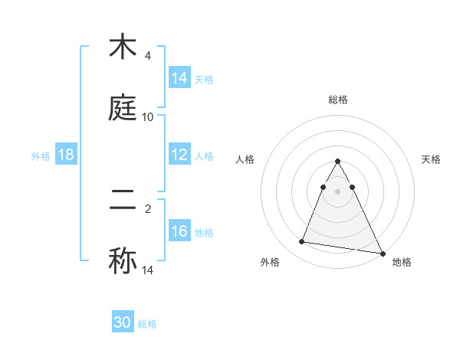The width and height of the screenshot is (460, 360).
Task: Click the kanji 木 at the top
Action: tap(123, 47)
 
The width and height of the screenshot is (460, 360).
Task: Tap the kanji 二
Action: tap(123, 201)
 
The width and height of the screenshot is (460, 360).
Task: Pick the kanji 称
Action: tap(123, 260)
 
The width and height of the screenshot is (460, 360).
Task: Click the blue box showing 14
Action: tap(179, 77)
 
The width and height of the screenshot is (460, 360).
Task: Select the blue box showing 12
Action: tap(179, 155)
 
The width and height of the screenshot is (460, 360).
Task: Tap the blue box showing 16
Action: tap(179, 231)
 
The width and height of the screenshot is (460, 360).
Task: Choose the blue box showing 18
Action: tap(66, 155)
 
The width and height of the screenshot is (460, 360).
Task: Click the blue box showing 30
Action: tap(123, 322)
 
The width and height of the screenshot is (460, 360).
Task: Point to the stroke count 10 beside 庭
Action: tap(148, 116)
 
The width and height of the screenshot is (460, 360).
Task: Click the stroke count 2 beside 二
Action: tap(148, 208)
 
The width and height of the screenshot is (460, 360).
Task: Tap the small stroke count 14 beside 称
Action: tap(148, 270)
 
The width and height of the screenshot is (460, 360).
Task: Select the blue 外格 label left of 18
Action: tap(41, 155)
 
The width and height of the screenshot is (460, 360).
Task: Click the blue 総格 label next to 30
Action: tap(147, 324)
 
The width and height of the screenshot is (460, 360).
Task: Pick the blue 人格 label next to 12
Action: tap(204, 155)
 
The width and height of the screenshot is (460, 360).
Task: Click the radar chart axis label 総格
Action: tap(338, 100)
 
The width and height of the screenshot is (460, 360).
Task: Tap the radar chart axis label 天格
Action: tap(432, 159)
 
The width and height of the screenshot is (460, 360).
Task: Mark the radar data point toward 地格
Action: tap(382, 252)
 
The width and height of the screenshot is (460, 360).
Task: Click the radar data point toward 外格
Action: tap(302, 242)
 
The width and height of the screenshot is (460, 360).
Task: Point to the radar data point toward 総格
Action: tap(338, 162)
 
